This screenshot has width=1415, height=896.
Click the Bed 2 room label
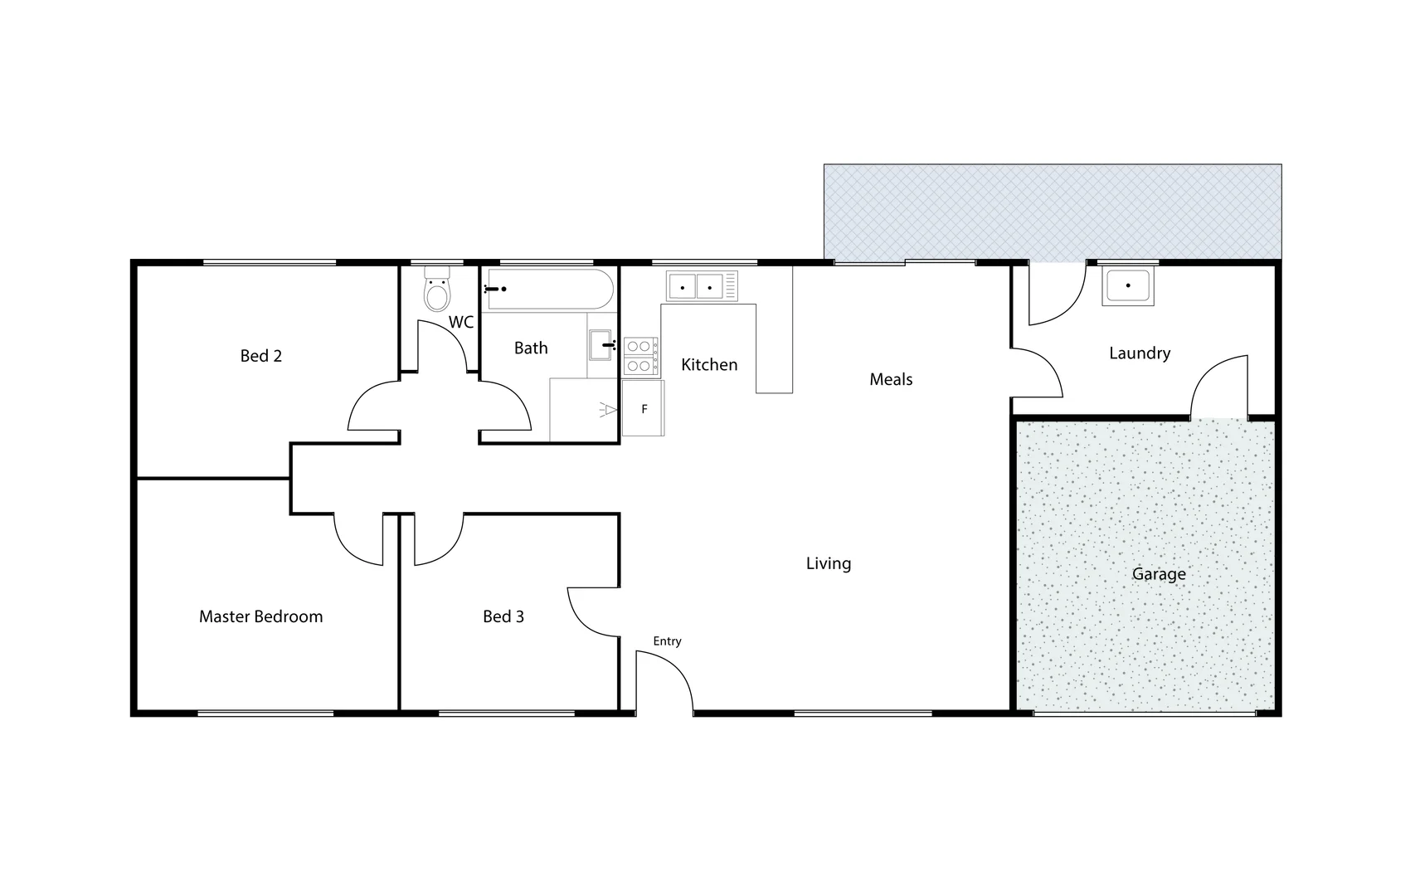click(260, 356)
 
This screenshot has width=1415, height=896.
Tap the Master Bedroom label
click(260, 616)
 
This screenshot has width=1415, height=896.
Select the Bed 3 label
click(503, 616)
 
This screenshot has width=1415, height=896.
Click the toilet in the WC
click(436, 290)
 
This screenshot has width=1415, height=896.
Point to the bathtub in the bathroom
click(550, 290)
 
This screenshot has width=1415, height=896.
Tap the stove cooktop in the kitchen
click(640, 356)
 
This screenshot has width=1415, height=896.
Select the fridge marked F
click(644, 408)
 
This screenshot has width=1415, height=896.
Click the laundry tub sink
click(1127, 285)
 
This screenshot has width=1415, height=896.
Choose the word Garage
click(1159, 574)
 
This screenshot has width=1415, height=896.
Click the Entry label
click(667, 641)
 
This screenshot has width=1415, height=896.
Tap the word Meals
click(891, 380)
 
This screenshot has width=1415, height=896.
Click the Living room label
click(829, 564)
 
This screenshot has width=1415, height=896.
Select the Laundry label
click(1140, 353)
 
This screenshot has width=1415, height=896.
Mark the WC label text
click(461, 322)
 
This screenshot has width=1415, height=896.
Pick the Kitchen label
click(709, 365)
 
